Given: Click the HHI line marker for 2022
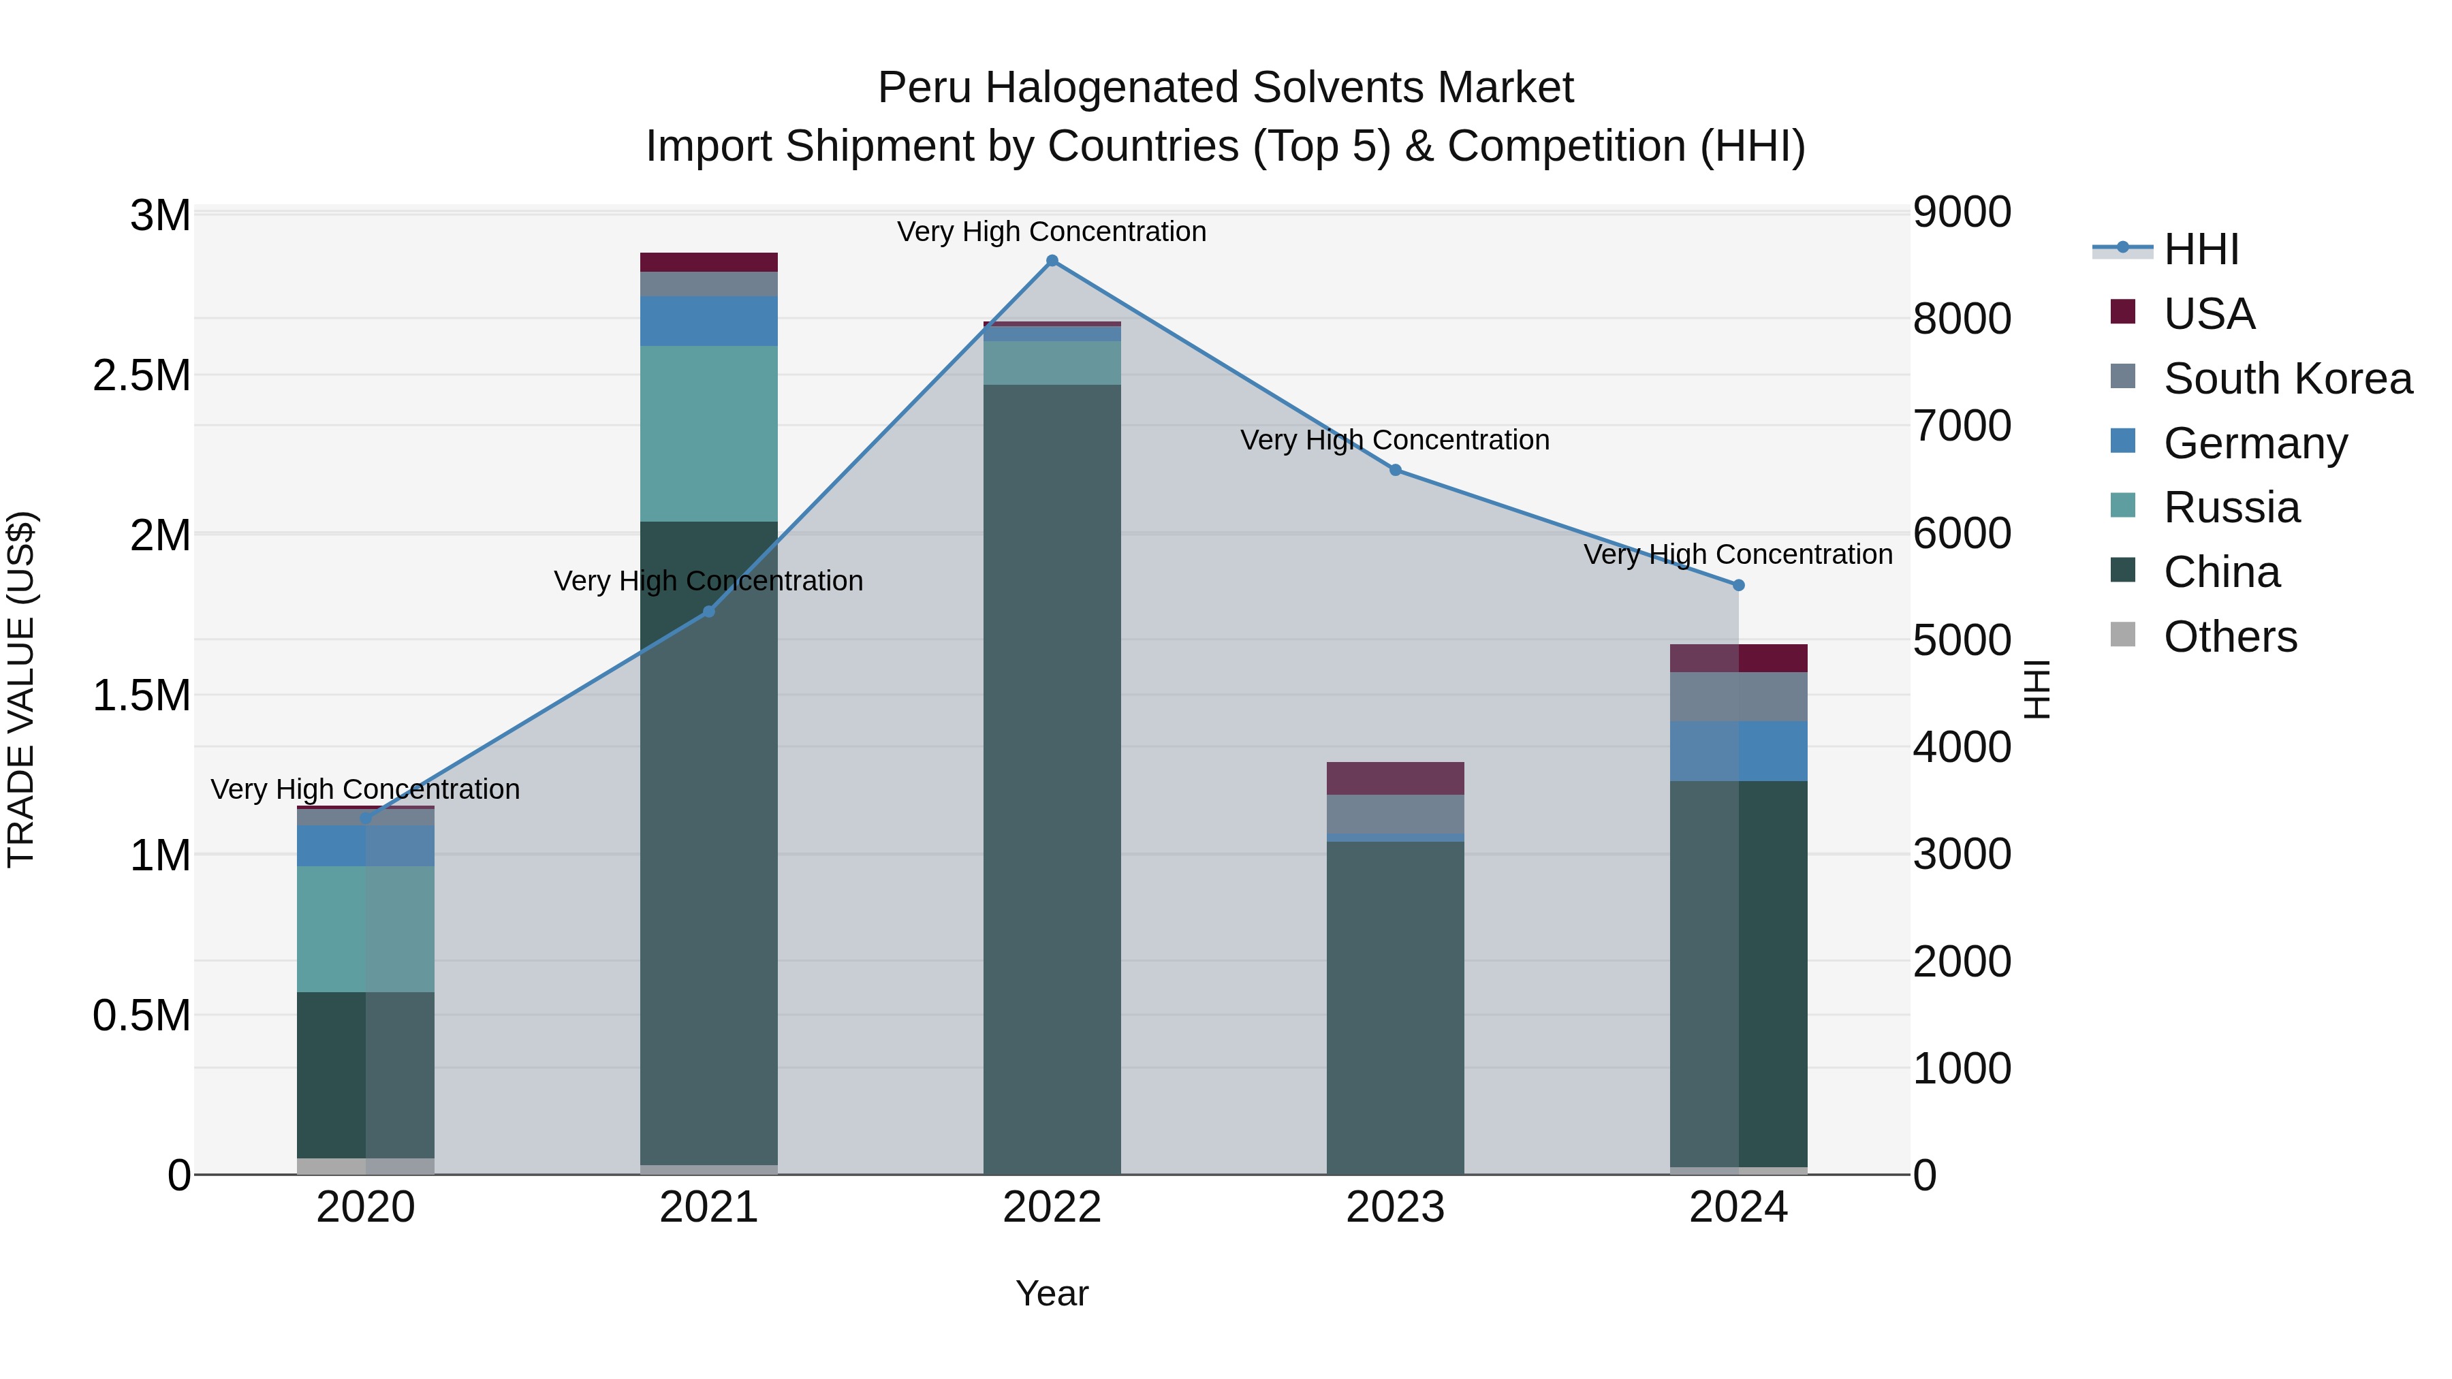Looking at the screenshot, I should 1052,261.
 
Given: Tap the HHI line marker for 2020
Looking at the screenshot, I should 366,817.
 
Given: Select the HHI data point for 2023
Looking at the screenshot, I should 1396,470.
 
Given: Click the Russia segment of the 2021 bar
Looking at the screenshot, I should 708,433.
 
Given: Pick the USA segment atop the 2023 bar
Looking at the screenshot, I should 1396,778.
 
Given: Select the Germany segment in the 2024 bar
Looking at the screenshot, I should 1738,751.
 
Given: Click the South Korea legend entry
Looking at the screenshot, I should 2287,379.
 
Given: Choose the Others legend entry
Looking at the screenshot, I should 2229,637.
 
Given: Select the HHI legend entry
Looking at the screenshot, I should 2201,249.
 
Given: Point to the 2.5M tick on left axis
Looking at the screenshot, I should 141,376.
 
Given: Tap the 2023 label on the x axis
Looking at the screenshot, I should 1396,1207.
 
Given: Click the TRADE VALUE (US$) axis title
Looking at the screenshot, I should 21,689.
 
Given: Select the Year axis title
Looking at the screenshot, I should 1052,1293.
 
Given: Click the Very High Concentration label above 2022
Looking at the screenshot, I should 1052,232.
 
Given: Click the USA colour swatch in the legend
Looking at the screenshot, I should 2122,312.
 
